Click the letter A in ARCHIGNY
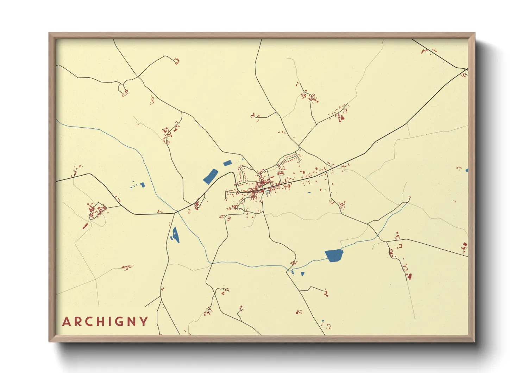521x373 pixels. pyautogui.click(x=67, y=322)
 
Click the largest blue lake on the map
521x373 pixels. pyautogui.click(x=334, y=255)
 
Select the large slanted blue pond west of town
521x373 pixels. pyautogui.click(x=211, y=176)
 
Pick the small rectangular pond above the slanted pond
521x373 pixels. pyautogui.click(x=227, y=163)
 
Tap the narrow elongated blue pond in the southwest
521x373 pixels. pyautogui.click(x=175, y=234)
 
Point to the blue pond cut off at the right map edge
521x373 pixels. pyautogui.click(x=467, y=170)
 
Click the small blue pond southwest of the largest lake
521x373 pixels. pyautogui.click(x=302, y=274)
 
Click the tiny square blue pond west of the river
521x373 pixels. pyautogui.click(x=143, y=184)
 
